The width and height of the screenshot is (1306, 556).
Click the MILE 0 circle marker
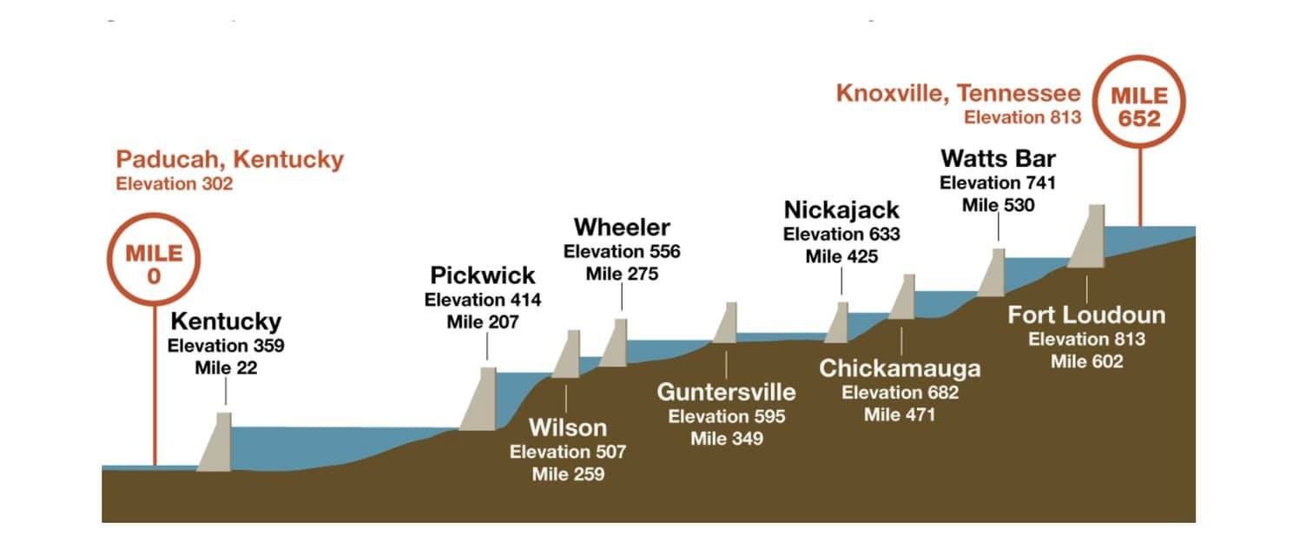[155, 263]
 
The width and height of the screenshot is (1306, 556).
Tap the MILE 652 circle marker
[1139, 106]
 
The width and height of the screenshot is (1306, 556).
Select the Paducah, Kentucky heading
[229, 160]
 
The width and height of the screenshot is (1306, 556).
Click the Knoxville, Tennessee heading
[958, 93]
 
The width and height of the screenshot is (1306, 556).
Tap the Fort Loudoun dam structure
[1088, 236]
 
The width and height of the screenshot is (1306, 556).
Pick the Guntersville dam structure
[726, 323]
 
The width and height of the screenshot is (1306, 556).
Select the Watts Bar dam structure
[993, 272]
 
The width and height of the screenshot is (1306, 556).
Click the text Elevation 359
[226, 345]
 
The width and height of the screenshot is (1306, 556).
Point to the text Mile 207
[483, 322]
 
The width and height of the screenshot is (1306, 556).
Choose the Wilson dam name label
[568, 427]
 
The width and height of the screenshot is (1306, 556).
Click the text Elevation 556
[622, 251]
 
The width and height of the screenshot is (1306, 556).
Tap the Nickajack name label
[841, 210]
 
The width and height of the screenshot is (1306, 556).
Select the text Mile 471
[900, 414]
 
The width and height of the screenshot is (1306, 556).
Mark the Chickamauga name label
[900, 368]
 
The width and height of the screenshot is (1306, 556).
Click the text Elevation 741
[998, 182]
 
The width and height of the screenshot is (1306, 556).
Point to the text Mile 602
[1086, 361]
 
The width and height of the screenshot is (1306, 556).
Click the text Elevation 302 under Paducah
[174, 184]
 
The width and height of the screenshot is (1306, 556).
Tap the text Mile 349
[727, 439]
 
